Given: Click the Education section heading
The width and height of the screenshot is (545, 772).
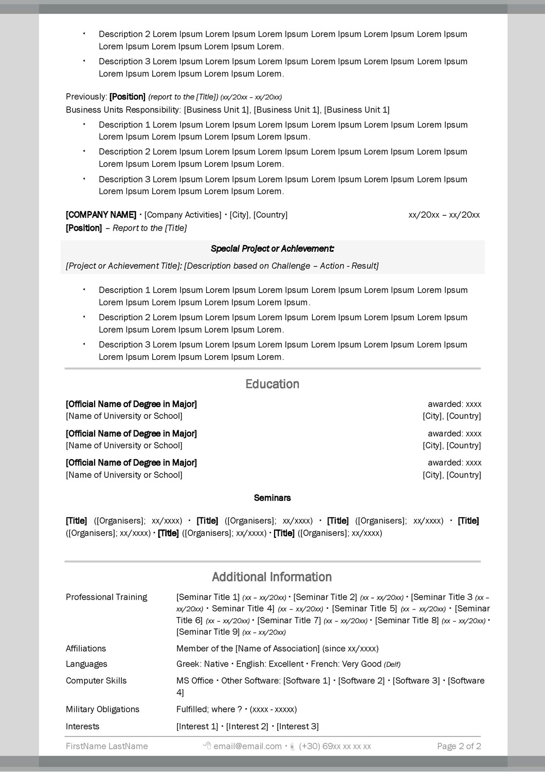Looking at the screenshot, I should (x=272, y=384).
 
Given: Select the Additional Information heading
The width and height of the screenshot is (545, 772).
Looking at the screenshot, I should (x=272, y=577).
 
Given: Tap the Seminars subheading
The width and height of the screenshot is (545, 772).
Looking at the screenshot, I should (x=272, y=498).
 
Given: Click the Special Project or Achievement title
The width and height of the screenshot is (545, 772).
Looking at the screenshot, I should (x=272, y=249).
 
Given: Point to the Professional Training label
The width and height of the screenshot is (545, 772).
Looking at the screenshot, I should (x=106, y=597).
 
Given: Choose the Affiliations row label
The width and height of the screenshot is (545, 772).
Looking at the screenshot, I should (x=86, y=648).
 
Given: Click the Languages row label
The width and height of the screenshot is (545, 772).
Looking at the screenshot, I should (x=86, y=664).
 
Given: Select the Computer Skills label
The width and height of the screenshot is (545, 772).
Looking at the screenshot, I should (x=96, y=680).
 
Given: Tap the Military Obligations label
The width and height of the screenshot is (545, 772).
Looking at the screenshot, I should (x=102, y=709).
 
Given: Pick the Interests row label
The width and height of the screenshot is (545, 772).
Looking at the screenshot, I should (x=83, y=726).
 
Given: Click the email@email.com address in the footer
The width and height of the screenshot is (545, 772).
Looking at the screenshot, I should (x=247, y=746).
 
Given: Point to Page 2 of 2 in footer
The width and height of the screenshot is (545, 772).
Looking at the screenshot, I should (x=459, y=746).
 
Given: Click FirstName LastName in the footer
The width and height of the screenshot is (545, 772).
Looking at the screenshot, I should (x=106, y=746).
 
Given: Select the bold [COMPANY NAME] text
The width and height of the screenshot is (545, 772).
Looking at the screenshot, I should (x=101, y=215).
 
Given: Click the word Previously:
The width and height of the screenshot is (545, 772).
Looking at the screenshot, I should (x=86, y=97).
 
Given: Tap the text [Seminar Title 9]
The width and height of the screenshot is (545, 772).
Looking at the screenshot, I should (x=208, y=631).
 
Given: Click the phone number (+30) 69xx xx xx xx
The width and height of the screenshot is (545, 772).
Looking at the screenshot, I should (x=335, y=746).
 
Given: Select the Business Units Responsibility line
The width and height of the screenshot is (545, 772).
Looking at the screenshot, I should (x=227, y=110).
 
